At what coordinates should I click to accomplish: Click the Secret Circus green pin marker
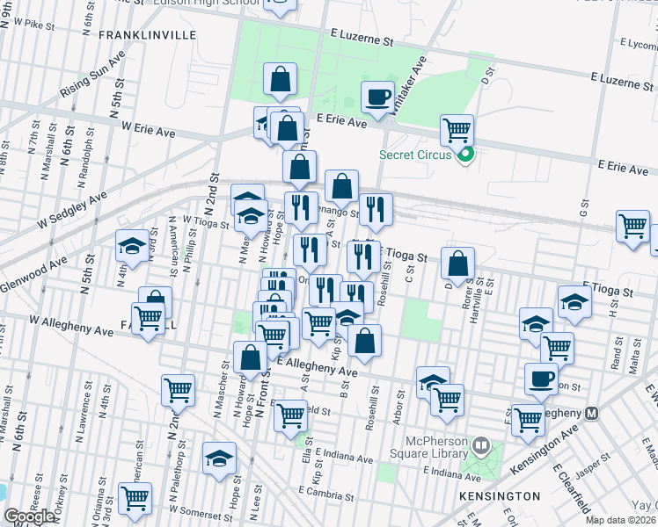pyautogui.click(x=466, y=156)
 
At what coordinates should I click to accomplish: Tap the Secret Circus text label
pyautogui.click(x=415, y=155)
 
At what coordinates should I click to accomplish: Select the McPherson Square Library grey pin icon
pyautogui.click(x=480, y=445)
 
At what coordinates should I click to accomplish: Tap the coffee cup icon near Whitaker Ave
pyautogui.click(x=378, y=97)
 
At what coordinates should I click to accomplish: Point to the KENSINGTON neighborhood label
pyautogui.click(x=500, y=496)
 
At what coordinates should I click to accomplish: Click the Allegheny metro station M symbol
pyautogui.click(x=592, y=413)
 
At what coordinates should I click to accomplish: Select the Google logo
pyautogui.click(x=29, y=516)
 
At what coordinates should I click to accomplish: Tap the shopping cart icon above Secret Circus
pyautogui.click(x=457, y=131)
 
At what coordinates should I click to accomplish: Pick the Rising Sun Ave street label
pyautogui.click(x=93, y=75)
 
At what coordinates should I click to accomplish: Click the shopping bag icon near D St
pyautogui.click(x=457, y=263)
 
